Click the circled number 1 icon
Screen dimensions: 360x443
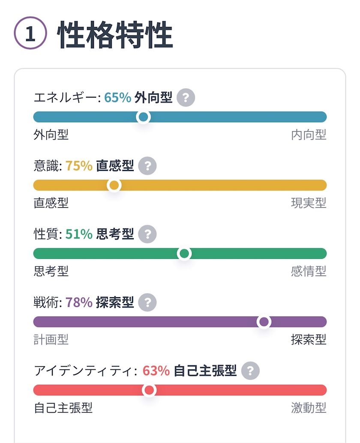pos(30,33)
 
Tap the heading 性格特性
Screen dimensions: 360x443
pos(115,34)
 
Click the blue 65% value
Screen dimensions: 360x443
pos(117,98)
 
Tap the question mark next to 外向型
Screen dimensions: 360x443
pos(186,98)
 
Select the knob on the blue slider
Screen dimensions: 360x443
pos(143,117)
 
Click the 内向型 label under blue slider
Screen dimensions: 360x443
pos(309,135)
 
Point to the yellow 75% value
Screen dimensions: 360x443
pos(79,166)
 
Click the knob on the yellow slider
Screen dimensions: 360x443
pos(114,185)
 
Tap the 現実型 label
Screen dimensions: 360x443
pos(309,203)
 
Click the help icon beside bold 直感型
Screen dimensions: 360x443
pos(147,166)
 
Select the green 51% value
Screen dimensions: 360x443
pos(79,234)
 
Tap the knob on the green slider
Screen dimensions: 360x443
pos(184,254)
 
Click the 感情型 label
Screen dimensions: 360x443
pos(309,271)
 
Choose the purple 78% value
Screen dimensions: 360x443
pos(79,302)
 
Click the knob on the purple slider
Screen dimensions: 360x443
pos(264,321)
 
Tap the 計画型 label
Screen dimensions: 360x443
pos(51,340)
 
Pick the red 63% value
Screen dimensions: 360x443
pos(156,371)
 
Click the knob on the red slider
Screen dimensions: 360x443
pos(149,390)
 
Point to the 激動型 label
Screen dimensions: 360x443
pos(309,408)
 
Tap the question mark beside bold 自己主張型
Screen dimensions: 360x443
pos(250,371)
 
